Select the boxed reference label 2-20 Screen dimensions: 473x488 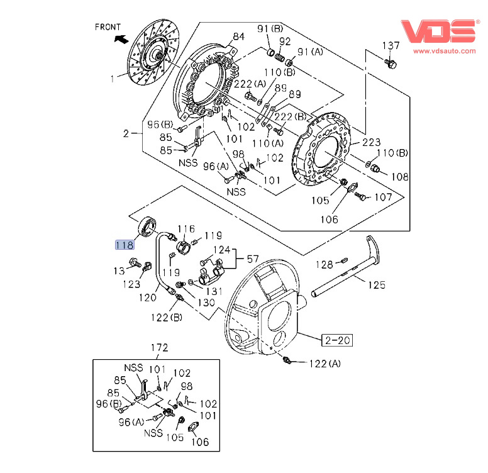point(337,340)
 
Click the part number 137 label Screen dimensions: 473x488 point(391,45)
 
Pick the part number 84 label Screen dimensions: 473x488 point(238,36)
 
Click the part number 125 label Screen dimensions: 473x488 point(376,286)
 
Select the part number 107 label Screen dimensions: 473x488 point(383,197)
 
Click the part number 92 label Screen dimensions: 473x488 point(285,42)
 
